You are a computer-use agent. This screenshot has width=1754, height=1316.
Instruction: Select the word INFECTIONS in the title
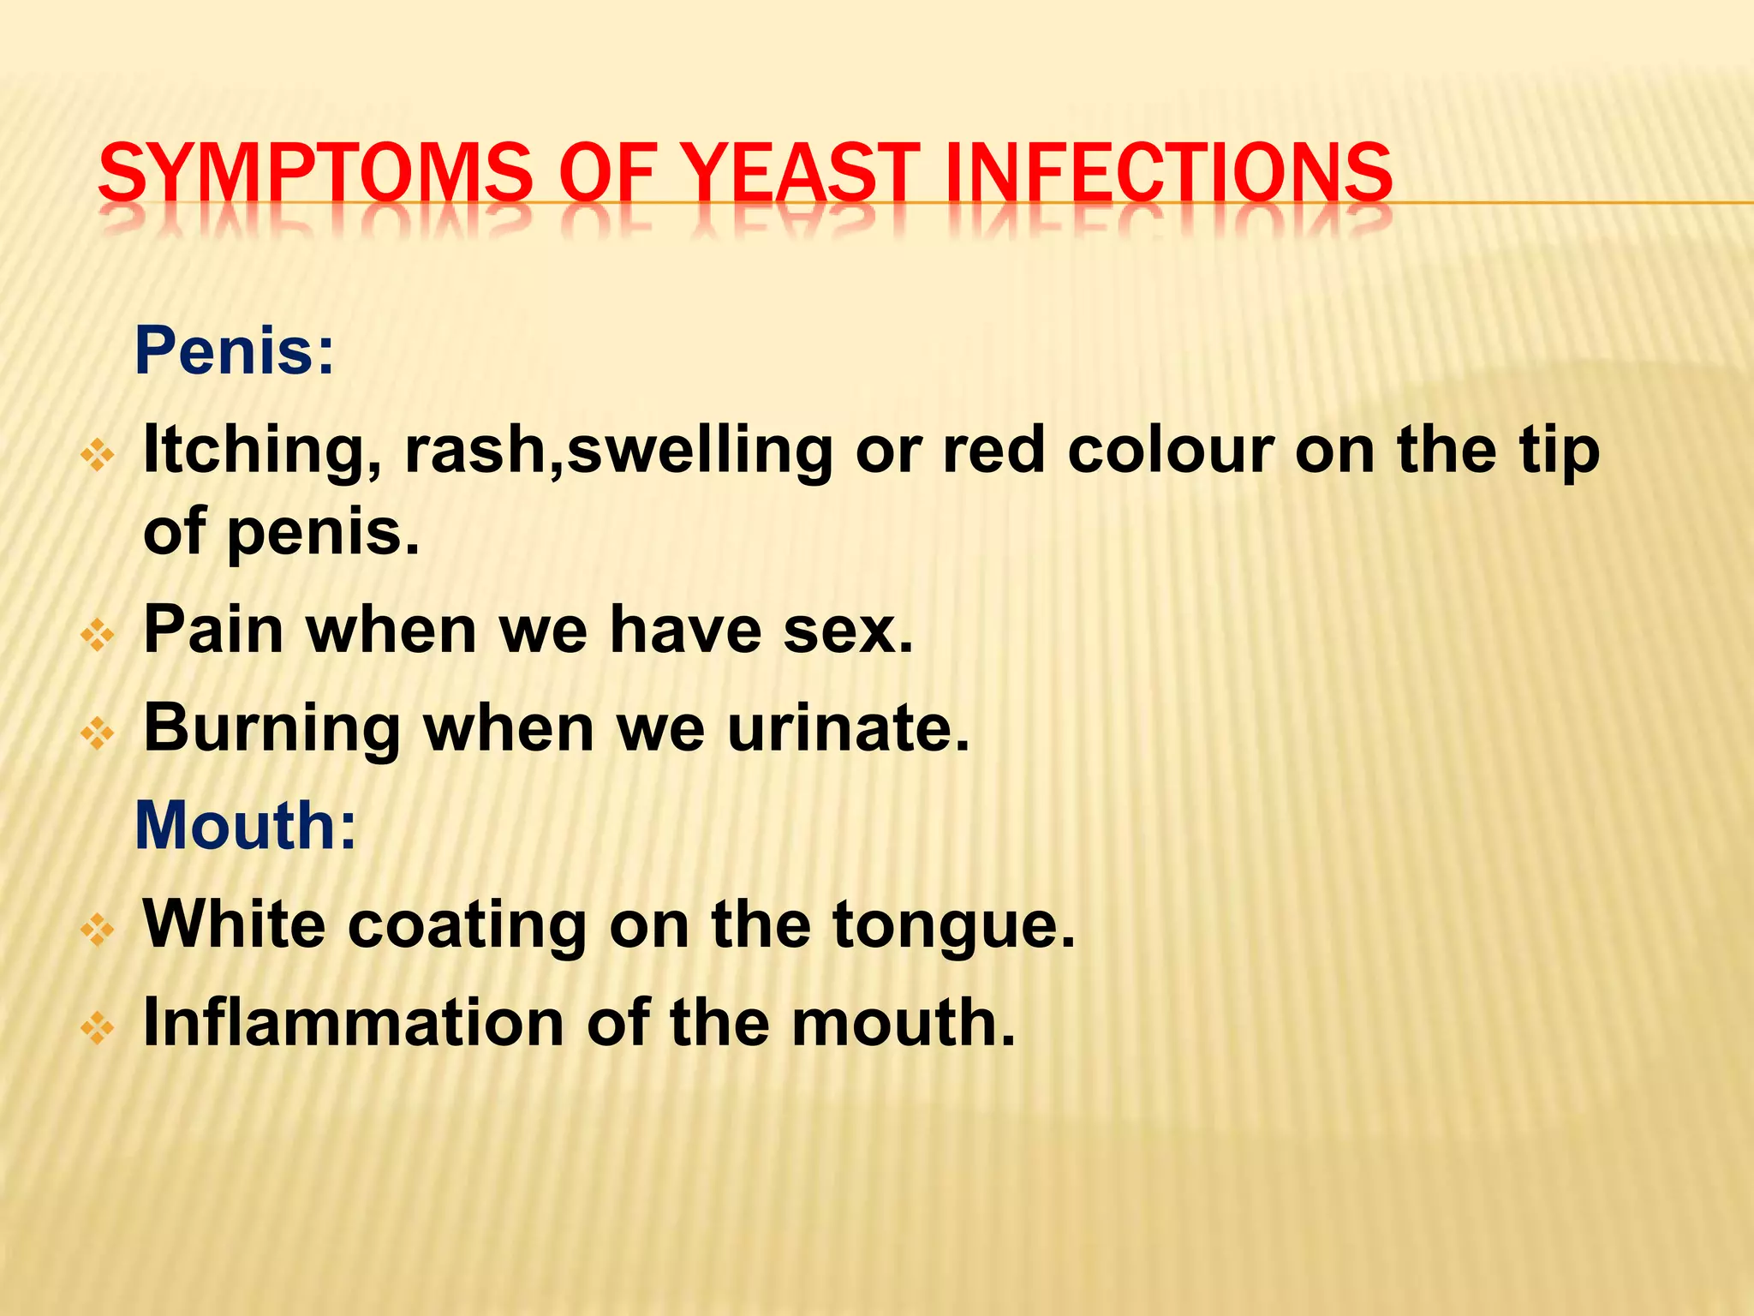pos(1169,173)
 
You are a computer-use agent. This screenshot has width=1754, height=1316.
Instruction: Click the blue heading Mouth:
pos(245,825)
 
